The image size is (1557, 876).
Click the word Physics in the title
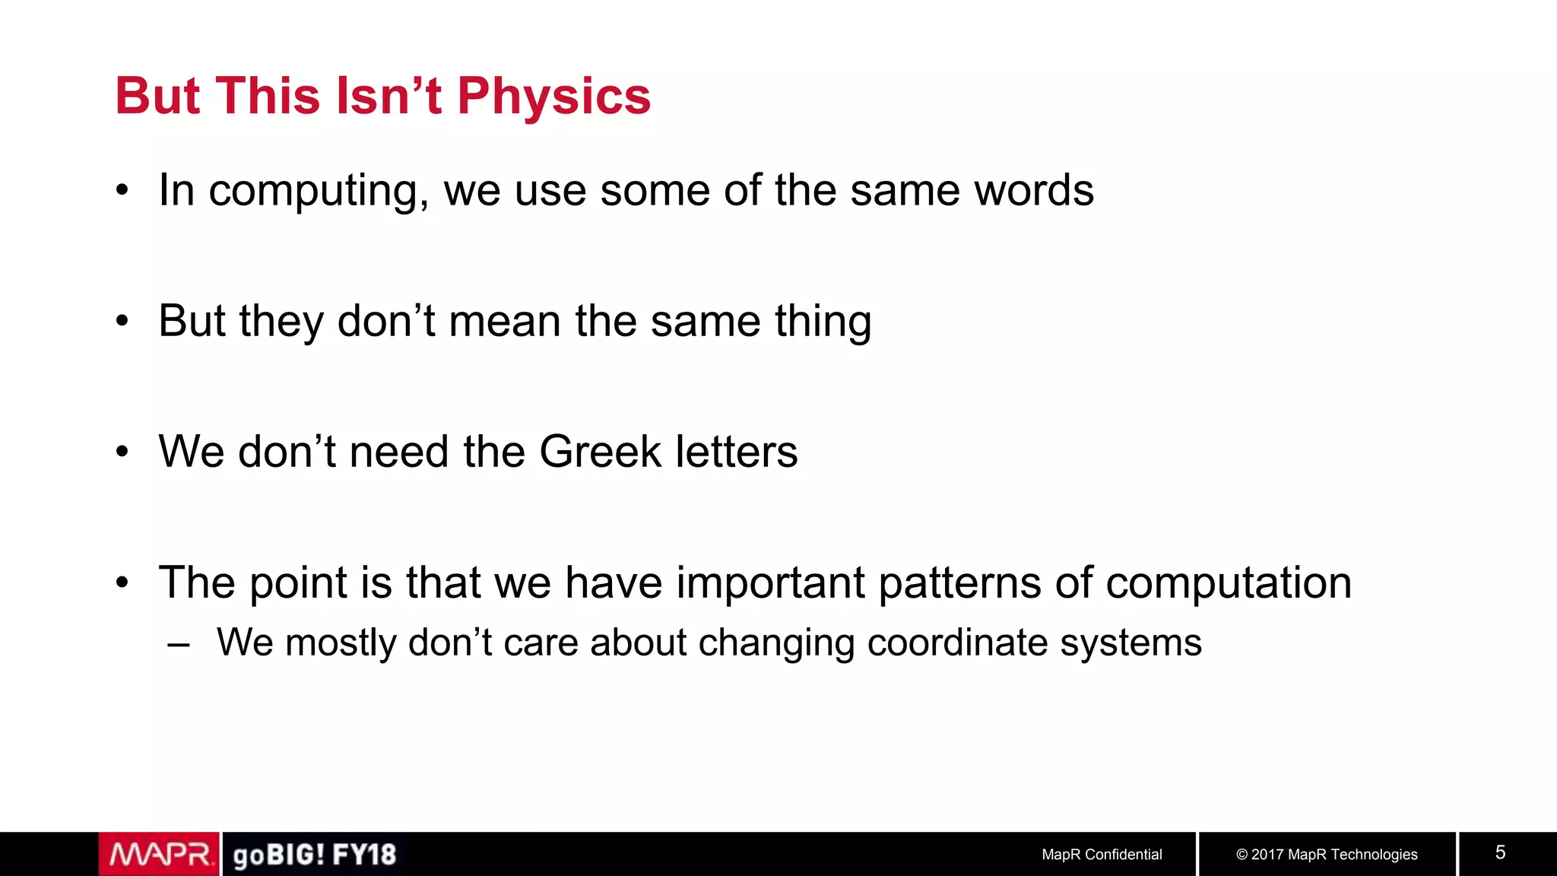coord(553,97)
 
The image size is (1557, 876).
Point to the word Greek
coord(601,452)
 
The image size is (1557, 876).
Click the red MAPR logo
coord(160,855)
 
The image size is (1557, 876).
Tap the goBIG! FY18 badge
coord(314,855)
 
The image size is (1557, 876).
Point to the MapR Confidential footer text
coord(1102,855)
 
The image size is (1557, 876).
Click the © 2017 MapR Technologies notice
coord(1327,855)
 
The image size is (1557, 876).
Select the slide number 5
coord(1500,852)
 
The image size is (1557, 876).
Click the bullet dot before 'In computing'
coord(122,191)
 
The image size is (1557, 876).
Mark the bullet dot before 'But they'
coord(122,322)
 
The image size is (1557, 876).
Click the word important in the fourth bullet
coord(770,583)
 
